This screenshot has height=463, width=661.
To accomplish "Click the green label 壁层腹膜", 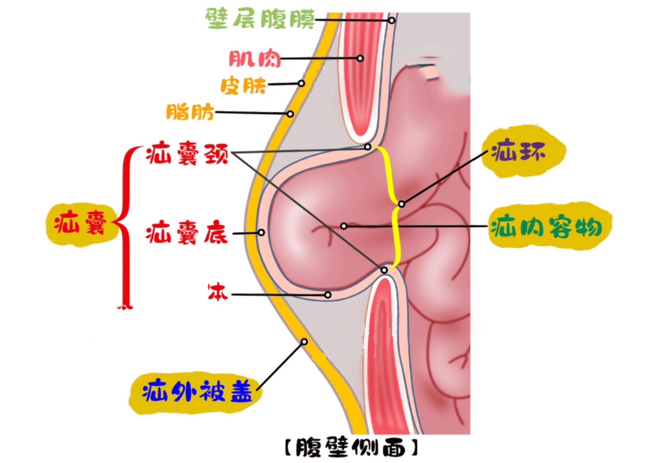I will [x=260, y=19].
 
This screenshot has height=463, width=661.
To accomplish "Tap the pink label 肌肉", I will [x=255, y=59].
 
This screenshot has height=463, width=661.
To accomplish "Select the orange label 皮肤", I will [x=243, y=85].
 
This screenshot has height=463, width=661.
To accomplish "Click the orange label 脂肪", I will [x=190, y=112].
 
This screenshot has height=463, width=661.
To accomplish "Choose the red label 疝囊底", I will [x=187, y=233].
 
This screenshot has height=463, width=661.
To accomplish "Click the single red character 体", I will [x=218, y=292].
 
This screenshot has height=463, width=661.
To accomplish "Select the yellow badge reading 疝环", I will [x=519, y=151].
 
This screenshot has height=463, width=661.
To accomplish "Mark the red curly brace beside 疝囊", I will [x=125, y=227].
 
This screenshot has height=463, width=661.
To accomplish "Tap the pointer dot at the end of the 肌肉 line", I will [x=360, y=58].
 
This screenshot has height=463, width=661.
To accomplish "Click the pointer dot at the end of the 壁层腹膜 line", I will [x=392, y=20].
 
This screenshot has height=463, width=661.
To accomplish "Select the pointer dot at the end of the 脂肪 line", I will [x=291, y=114].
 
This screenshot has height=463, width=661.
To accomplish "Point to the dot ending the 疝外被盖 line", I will [x=304, y=342].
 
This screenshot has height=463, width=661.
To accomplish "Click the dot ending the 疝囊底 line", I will [x=261, y=233].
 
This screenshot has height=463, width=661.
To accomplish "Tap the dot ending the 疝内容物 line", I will [x=344, y=226].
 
